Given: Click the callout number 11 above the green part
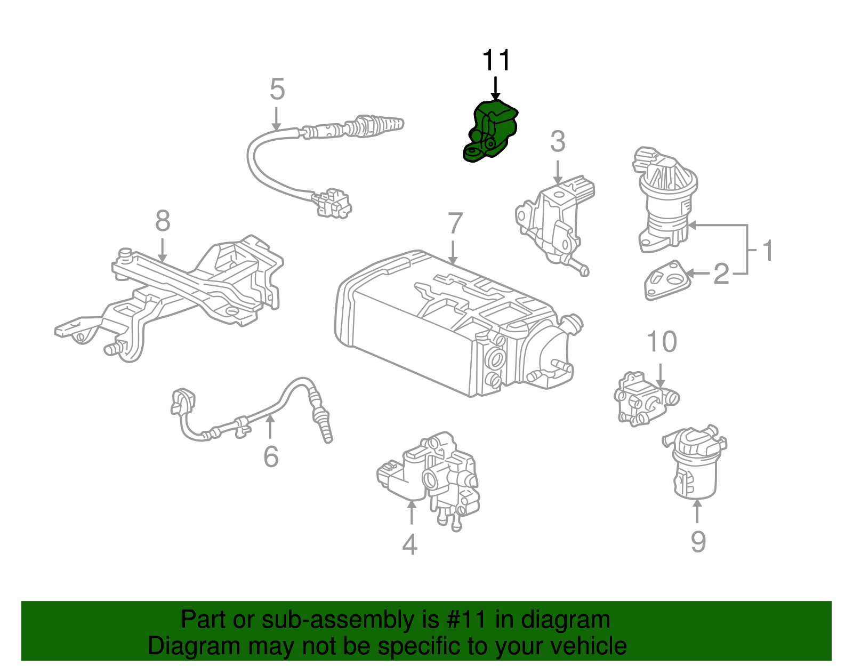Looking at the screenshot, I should coord(496,61).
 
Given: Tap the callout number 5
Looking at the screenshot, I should coord(277,89).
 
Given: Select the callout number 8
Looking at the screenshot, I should coord(163,221).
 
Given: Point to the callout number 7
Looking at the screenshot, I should coord(455,223).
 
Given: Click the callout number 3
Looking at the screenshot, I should coord(558,142).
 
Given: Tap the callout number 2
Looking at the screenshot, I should coord(721,274).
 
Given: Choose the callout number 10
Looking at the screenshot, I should coord(662,342).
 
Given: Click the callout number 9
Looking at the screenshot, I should coord(698,541).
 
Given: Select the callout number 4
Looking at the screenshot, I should coord(409,544).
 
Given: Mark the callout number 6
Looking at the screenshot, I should coord(271,457).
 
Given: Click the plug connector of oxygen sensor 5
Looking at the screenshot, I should coord(333,203).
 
